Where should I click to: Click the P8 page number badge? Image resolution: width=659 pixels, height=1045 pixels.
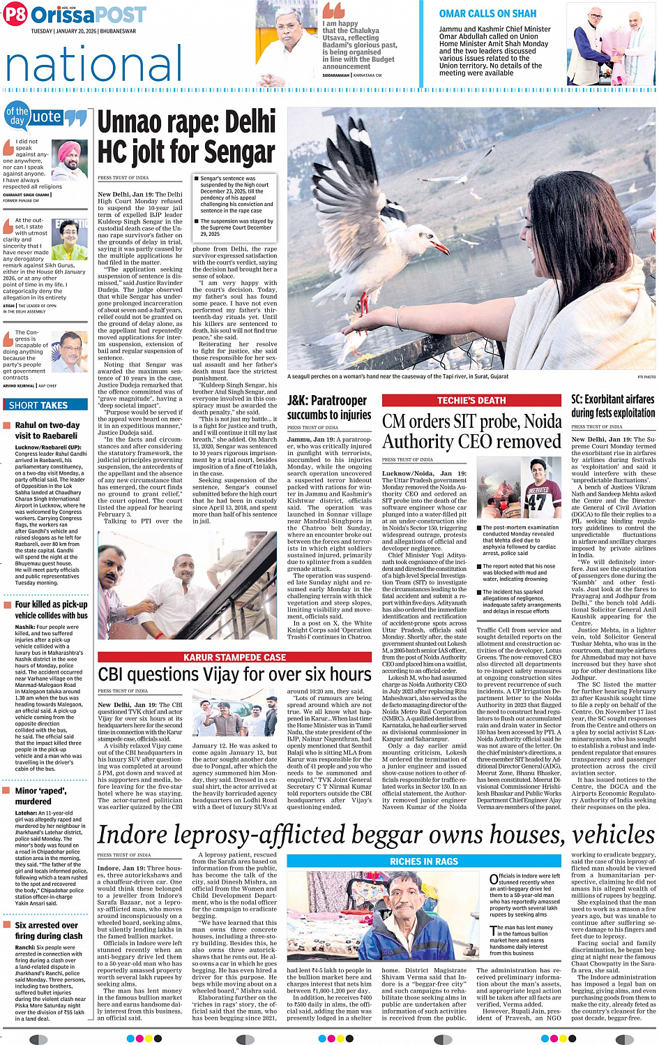15,14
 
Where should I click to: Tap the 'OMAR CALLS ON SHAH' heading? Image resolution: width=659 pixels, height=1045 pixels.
487,13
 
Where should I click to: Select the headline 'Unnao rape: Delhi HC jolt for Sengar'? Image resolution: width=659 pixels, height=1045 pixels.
186,137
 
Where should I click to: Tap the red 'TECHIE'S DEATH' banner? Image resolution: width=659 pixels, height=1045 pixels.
471,400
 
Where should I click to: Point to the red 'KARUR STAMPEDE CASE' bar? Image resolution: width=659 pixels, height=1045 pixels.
234,657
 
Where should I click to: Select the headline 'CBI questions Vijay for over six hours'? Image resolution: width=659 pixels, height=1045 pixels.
234,674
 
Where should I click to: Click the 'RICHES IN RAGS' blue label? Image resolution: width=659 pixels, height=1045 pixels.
424,861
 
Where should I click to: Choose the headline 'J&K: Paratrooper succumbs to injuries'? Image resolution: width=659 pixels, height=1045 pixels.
329,408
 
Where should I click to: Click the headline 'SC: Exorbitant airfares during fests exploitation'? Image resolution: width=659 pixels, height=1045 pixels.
613,406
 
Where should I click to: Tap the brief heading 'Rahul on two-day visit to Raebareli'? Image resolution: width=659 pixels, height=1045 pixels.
47,430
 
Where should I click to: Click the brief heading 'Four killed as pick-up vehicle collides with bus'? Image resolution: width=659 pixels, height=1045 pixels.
51,609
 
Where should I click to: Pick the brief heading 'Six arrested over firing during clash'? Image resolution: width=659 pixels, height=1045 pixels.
48,930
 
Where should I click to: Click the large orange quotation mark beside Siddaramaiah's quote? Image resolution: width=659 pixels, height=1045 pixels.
333,10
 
